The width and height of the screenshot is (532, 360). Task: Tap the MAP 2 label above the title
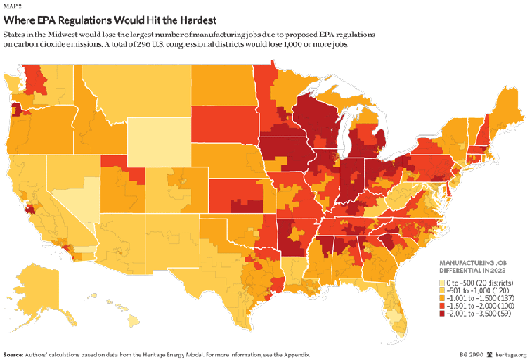click(x=13, y=4)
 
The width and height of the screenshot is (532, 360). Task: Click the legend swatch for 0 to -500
click(x=445, y=281)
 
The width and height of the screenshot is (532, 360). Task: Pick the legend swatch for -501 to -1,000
click(x=445, y=290)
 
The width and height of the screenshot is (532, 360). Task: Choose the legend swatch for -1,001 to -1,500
click(x=445, y=298)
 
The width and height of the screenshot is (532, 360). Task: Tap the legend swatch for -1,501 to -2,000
click(x=445, y=307)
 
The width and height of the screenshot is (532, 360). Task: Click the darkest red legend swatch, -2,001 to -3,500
click(x=445, y=315)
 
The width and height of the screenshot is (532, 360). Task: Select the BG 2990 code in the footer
click(x=467, y=355)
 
